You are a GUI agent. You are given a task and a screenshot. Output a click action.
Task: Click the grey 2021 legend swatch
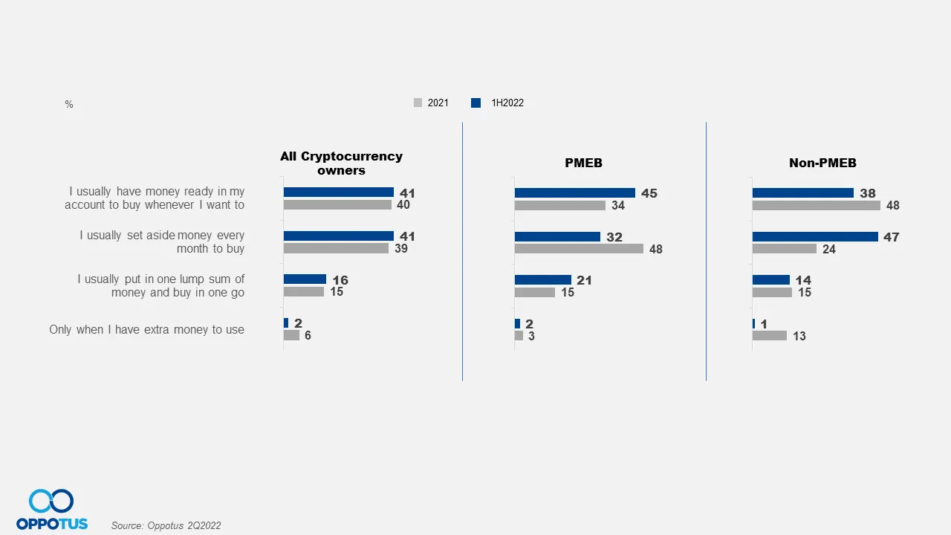click(418, 103)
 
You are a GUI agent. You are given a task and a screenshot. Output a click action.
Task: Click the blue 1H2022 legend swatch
click(475, 103)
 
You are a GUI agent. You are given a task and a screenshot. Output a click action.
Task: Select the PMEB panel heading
click(583, 163)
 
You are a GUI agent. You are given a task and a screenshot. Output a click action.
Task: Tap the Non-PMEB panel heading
click(822, 163)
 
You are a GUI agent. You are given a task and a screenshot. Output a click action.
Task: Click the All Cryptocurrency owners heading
click(341, 163)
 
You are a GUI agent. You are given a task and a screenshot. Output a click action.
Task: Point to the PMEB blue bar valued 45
click(574, 192)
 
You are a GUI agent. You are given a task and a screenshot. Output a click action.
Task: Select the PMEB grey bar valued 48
click(579, 249)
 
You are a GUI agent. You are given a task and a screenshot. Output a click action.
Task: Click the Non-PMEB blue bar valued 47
click(815, 236)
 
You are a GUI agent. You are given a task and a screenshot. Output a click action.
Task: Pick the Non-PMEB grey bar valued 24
click(784, 249)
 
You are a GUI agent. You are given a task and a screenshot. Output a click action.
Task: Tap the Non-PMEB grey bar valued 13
click(769, 336)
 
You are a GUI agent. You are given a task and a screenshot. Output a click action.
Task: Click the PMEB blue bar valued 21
click(542, 279)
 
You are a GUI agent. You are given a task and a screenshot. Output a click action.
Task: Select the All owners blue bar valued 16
click(305, 279)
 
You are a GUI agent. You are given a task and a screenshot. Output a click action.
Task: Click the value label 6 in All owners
click(308, 336)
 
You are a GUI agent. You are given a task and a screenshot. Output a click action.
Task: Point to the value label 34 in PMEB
click(618, 206)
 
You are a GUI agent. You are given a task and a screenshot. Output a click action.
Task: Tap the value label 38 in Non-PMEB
click(867, 193)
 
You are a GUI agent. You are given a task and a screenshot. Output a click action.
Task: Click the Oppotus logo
click(51, 510)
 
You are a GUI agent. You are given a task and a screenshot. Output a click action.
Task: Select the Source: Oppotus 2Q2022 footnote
click(166, 525)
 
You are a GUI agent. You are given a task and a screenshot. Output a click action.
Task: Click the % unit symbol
click(69, 105)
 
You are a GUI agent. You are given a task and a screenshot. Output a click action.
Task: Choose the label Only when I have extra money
click(146, 329)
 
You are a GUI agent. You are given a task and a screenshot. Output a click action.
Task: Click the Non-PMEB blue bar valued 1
click(753, 323)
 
